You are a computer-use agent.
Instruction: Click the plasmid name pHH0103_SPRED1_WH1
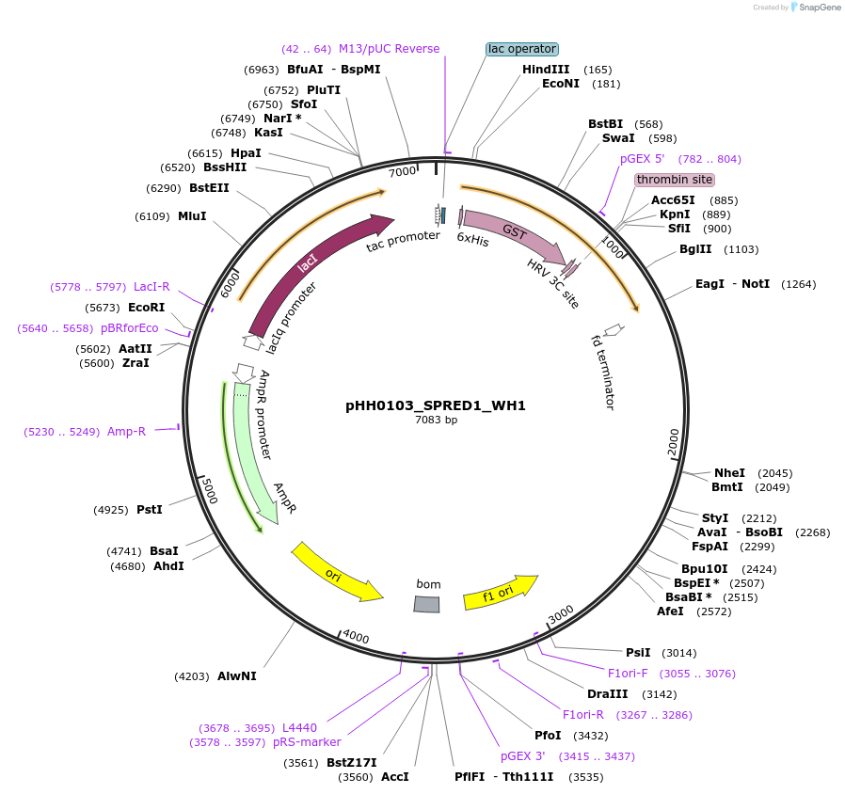pyautogui.click(x=436, y=405)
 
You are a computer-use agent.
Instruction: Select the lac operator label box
pyautogui.click(x=522, y=49)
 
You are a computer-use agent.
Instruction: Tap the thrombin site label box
pyautogui.click(x=674, y=180)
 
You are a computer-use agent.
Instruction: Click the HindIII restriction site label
pyautogui.click(x=546, y=70)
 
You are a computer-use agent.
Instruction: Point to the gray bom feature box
pyautogui.click(x=427, y=604)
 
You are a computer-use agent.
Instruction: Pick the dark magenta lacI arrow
pyautogui.click(x=311, y=268)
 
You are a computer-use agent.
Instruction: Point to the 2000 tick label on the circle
pyautogui.click(x=673, y=442)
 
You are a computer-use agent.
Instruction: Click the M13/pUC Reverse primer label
pyautogui.click(x=389, y=49)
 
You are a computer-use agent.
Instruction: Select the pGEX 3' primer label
pyautogui.click(x=522, y=755)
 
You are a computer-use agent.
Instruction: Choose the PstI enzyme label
pyautogui.click(x=150, y=510)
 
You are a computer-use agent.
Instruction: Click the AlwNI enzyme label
pyautogui.click(x=236, y=676)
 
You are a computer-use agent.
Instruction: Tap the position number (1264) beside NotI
pyautogui.click(x=798, y=284)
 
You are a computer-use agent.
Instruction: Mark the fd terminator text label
pyautogui.click(x=602, y=372)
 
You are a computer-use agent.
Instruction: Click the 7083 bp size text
pyautogui.click(x=436, y=421)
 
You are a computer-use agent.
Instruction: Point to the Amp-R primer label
pyautogui.click(x=126, y=432)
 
